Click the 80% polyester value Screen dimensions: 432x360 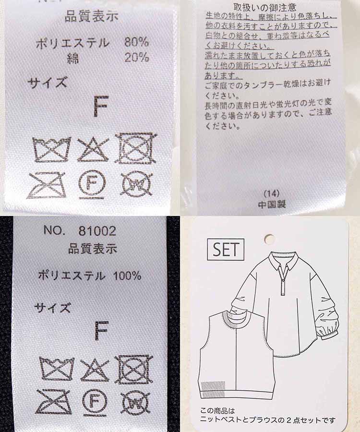[x=136, y=42]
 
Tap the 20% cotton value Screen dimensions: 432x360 [x=136, y=58]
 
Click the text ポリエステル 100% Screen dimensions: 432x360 [x=90, y=276]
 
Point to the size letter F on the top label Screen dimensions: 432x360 [x=101, y=106]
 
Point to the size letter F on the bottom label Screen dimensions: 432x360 [x=101, y=331]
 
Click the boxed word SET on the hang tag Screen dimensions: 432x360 [x=226, y=250]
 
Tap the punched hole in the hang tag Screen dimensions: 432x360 [x=269, y=239]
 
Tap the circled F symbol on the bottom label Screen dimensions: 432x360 [x=94, y=401]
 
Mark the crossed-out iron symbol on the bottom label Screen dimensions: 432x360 [x=54, y=401]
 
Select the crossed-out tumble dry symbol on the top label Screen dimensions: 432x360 [x=136, y=148]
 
